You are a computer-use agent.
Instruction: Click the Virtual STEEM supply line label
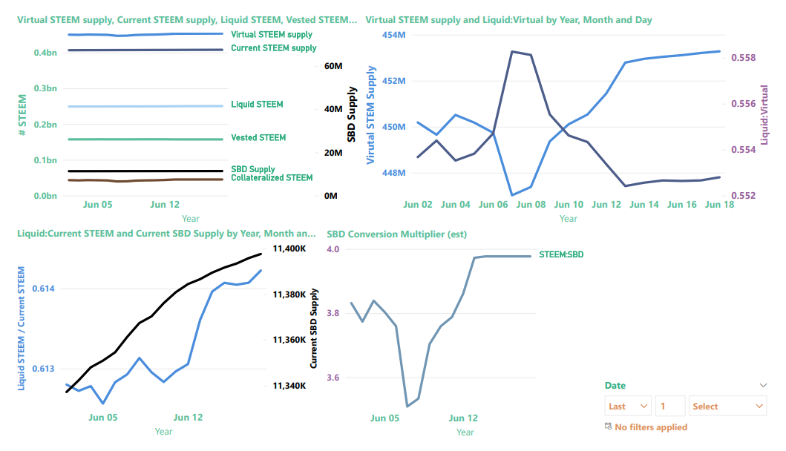pos(271,35)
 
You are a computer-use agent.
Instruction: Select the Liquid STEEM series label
pos(257,105)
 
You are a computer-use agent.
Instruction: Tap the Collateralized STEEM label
pos(272,178)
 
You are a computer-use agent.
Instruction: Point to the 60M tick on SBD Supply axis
pos(333,66)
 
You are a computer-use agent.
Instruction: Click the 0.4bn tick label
pos(45,53)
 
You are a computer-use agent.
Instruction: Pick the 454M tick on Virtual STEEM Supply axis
pos(394,35)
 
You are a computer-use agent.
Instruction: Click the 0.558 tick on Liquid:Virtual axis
pos(744,58)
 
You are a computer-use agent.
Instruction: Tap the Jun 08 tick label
pos(531,205)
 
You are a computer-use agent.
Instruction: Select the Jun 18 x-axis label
pos(719,205)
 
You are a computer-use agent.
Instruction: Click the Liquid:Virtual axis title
pos(764,115)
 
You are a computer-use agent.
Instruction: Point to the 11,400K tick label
pos(289,248)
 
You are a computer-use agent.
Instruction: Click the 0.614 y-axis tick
pos(43,289)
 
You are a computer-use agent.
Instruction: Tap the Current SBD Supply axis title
pos(314,328)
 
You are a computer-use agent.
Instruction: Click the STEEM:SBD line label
pos(561,254)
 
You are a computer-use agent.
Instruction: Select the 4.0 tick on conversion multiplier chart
pos(333,249)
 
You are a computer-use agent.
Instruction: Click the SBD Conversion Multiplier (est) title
pos(396,234)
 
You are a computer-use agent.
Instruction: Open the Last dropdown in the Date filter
pos(628,406)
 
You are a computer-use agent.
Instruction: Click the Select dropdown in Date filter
pos(728,406)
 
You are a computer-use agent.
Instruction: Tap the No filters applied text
pos(651,427)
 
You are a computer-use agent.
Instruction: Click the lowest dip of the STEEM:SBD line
pos(407,406)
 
